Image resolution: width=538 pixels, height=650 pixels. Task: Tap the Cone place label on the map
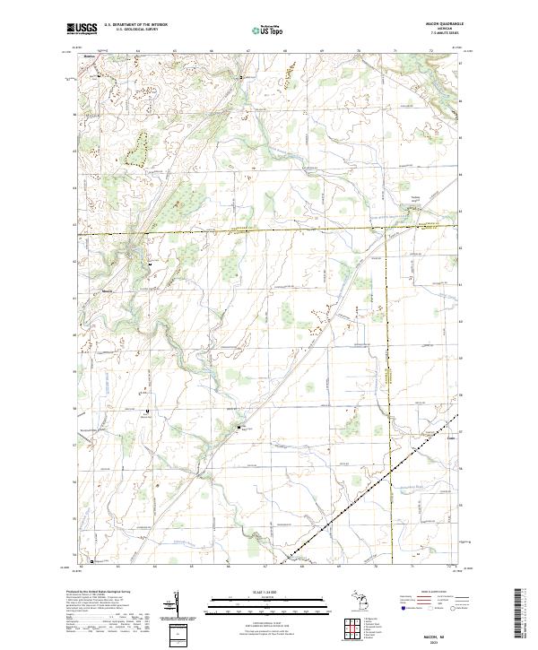click(x=427, y=440)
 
